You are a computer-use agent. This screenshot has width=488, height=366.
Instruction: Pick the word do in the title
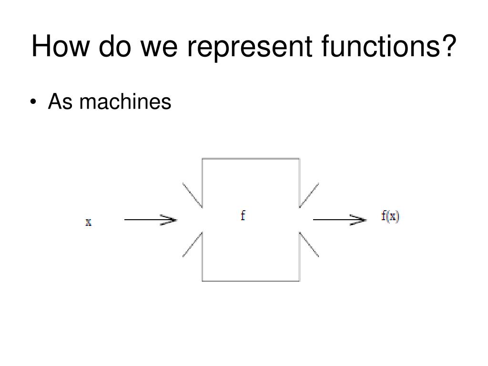point(114,47)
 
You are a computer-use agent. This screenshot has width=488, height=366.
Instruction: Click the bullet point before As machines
point(33,102)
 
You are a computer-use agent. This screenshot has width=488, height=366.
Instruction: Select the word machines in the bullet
point(125,102)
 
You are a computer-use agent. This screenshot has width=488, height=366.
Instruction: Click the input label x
point(88,222)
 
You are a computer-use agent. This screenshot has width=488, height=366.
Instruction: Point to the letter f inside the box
point(243,216)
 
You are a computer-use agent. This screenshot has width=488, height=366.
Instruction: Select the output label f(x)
point(390,217)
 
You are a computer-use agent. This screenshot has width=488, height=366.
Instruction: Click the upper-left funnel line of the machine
point(193,195)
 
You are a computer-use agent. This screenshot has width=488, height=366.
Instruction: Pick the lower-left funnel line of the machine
point(193,244)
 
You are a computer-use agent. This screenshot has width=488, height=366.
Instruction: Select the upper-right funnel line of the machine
point(309,195)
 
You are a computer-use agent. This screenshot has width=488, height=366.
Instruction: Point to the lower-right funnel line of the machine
point(309,244)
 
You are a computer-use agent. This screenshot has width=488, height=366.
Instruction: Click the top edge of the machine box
point(251,159)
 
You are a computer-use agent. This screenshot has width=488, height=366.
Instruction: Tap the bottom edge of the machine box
point(251,281)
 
